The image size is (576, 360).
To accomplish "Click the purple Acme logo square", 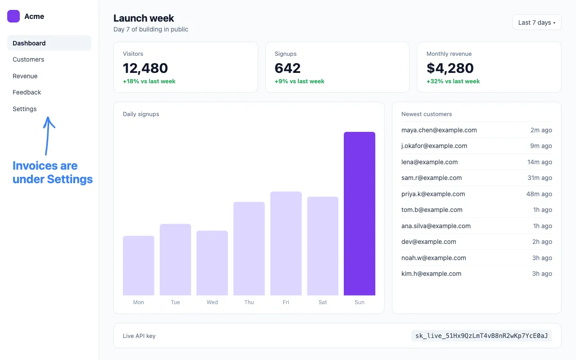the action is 13,16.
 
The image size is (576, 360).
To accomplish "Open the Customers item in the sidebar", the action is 28,59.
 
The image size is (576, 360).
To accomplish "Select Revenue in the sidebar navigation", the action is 25,76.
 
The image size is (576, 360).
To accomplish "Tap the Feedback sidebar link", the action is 27,92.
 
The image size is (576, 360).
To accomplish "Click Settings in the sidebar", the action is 25,109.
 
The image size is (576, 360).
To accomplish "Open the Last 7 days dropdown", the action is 537,22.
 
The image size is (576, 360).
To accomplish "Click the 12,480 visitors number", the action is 145,68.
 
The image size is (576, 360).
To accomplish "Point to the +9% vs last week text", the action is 299,81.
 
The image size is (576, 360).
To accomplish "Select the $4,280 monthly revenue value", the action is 450,68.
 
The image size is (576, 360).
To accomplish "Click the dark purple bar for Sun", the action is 360,214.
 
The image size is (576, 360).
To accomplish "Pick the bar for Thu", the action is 249,249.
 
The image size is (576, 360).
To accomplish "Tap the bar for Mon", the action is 139,265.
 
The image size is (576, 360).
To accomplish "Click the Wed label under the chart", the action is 212,302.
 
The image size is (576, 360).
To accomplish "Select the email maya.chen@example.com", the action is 439,130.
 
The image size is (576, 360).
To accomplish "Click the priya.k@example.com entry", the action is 433,194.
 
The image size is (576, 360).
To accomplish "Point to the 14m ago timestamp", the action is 540,162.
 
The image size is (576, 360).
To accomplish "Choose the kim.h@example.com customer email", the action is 431,274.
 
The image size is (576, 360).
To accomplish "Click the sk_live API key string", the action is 481,336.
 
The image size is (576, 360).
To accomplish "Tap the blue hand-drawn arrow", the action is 48,136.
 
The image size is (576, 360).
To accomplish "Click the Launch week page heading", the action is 144,18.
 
